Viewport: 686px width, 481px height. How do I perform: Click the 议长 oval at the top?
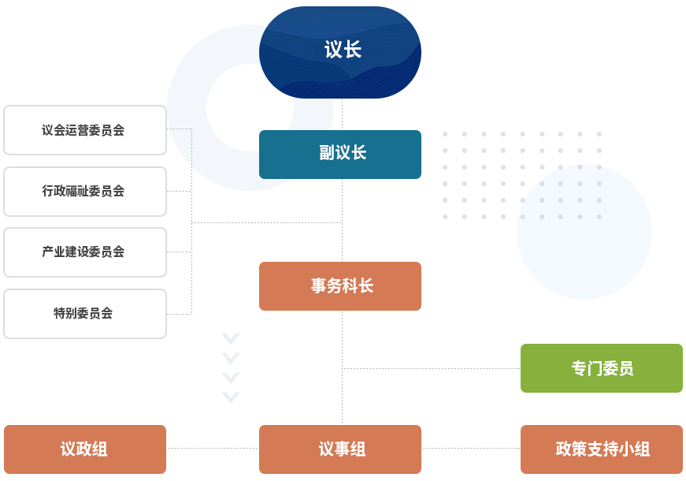[340, 52]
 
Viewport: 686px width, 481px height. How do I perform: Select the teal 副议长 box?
[340, 155]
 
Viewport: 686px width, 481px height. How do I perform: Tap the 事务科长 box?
[340, 286]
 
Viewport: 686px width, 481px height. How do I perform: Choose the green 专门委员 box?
[602, 368]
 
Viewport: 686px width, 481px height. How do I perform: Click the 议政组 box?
[85, 449]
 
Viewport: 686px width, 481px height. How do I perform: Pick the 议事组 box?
[340, 449]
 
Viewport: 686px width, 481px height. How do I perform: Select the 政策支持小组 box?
[602, 449]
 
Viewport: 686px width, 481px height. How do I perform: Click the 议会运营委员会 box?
[85, 130]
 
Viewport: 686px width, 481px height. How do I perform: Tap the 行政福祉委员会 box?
[85, 192]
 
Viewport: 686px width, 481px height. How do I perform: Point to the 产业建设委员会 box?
[85, 252]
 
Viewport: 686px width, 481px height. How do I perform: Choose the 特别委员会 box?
[85, 314]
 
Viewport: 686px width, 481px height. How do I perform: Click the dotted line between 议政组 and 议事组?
[213, 449]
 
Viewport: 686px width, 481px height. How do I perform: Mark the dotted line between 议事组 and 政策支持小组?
[471, 449]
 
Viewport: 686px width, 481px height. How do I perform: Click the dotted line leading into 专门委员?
[432, 368]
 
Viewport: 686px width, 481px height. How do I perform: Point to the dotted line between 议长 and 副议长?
[342, 114]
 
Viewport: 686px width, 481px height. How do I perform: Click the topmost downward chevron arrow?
[231, 340]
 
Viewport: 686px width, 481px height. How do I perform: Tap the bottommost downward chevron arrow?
[231, 397]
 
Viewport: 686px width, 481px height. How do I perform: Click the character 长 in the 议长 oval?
[352, 50]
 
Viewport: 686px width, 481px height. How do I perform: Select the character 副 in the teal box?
[327, 153]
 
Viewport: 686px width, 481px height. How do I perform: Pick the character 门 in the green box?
[603, 368]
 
